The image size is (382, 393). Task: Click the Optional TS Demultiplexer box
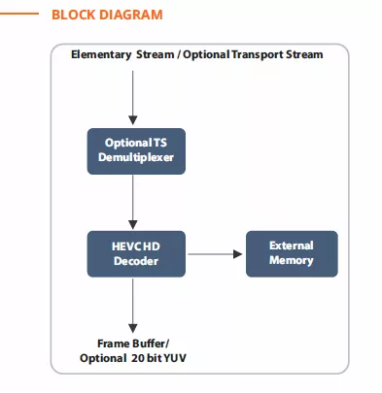(136, 151)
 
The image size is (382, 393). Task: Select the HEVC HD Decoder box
(136, 254)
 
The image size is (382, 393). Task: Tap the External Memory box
(292, 254)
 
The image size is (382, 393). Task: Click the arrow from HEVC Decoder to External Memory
(215, 254)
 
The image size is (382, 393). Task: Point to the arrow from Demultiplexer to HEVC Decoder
(133, 202)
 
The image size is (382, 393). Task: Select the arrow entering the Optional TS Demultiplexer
(133, 98)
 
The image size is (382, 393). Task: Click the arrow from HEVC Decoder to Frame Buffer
(133, 306)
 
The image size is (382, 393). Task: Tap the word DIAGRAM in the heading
(130, 15)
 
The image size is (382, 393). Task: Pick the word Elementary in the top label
(101, 54)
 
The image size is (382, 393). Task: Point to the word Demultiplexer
(136, 157)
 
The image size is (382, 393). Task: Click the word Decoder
(136, 261)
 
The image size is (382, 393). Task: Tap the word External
(292, 246)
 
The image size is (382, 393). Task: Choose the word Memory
(292, 260)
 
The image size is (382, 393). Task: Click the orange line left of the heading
(19, 14)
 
